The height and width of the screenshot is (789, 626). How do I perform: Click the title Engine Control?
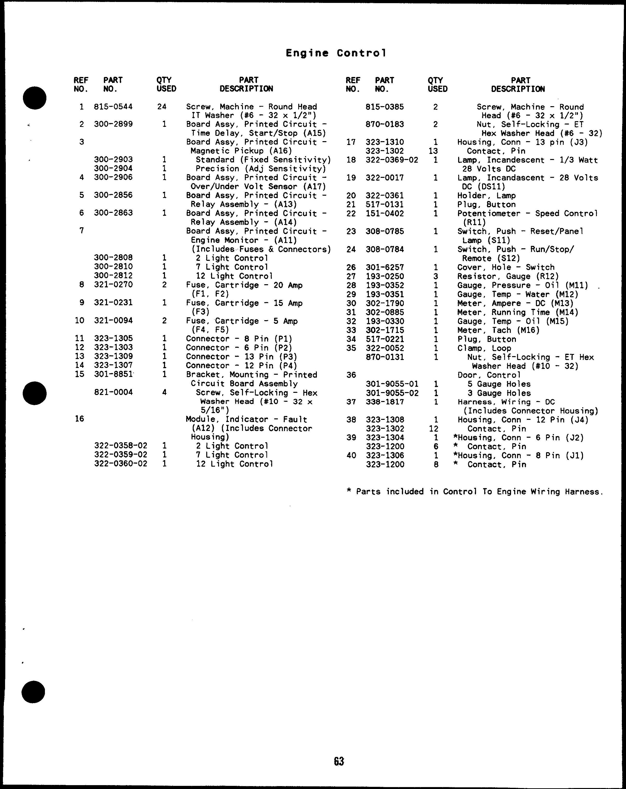(x=336, y=53)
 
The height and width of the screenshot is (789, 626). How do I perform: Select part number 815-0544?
(x=113, y=107)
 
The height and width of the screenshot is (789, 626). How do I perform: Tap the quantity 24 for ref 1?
(x=162, y=107)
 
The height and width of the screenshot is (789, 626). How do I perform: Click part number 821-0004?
(x=113, y=392)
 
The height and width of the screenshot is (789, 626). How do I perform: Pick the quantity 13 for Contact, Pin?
(x=433, y=151)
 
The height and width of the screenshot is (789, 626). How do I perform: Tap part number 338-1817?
(x=385, y=402)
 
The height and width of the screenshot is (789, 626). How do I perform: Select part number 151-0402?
(x=385, y=213)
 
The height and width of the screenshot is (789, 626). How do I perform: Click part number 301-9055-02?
(x=392, y=393)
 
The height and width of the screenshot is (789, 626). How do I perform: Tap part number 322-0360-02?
(x=121, y=464)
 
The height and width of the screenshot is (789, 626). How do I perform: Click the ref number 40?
(x=351, y=456)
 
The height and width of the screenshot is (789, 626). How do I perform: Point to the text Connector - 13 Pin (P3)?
(x=241, y=356)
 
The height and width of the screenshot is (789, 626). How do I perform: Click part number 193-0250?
(x=385, y=276)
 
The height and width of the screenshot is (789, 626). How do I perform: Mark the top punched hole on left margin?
(x=35, y=98)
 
